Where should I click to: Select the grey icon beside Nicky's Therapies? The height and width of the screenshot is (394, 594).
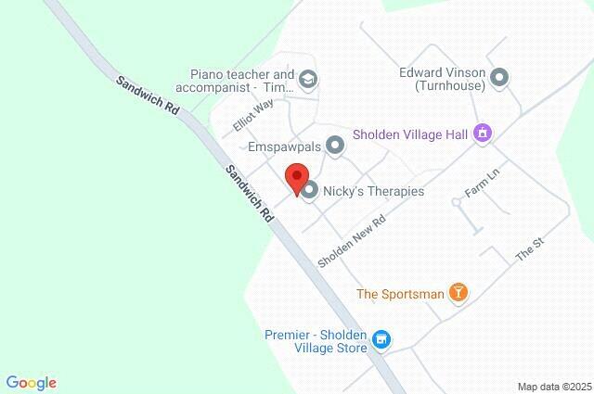310,191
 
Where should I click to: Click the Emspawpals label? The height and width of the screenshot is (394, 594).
283,146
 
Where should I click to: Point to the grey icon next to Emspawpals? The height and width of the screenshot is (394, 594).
334,146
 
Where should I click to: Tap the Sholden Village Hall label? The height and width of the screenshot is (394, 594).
409,133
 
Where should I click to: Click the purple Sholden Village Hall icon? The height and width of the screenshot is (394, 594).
483,134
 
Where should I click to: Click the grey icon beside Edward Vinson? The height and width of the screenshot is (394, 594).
499,78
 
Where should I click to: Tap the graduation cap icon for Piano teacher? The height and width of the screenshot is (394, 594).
308,81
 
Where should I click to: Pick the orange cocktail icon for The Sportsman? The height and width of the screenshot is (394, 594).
457,294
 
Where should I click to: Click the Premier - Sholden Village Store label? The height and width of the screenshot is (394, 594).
315,341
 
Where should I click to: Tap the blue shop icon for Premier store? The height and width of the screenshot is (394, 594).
381,341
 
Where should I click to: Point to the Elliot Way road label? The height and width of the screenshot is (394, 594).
253,117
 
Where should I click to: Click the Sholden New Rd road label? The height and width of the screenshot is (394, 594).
351,239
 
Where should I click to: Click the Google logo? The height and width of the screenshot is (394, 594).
31,382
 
